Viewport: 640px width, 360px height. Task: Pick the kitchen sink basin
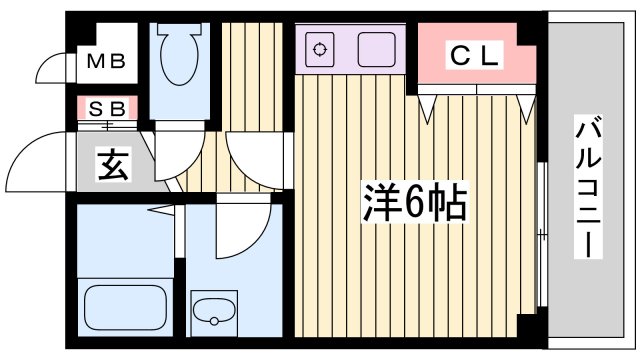tap(377, 48)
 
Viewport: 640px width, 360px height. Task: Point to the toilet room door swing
tap(176, 151)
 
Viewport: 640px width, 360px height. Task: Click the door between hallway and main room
tap(255, 158)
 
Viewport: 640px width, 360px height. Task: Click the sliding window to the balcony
tap(540, 235)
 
